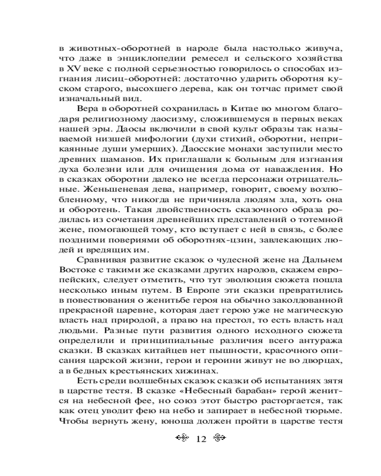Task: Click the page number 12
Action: (200, 438)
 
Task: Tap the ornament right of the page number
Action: (218, 438)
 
